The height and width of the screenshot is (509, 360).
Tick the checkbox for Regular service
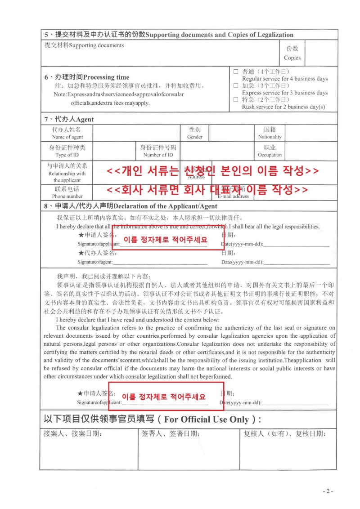tap(236, 71)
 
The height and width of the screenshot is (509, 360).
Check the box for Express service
tap(236, 85)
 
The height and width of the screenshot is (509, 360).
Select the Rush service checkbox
tap(236, 99)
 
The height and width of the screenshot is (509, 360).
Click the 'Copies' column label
tap(292, 58)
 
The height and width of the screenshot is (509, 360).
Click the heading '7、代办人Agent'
tap(69, 119)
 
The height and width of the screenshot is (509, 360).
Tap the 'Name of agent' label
tap(67, 137)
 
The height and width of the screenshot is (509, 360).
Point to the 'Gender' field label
tap(195, 137)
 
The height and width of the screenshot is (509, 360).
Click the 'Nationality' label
tap(270, 137)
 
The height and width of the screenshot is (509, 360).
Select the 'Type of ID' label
tap(67, 155)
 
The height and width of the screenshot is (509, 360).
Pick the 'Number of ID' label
tap(158, 155)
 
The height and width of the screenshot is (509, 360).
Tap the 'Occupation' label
tap(270, 155)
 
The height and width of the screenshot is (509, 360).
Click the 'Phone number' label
tap(67, 196)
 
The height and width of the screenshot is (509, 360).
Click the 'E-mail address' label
tap(233, 196)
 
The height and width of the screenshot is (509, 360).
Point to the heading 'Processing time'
tap(106, 77)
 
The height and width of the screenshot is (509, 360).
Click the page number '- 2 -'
tap(328, 491)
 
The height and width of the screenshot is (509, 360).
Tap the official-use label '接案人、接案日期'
tap(72, 434)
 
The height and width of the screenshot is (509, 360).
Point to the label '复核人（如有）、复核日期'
tap(284, 434)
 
